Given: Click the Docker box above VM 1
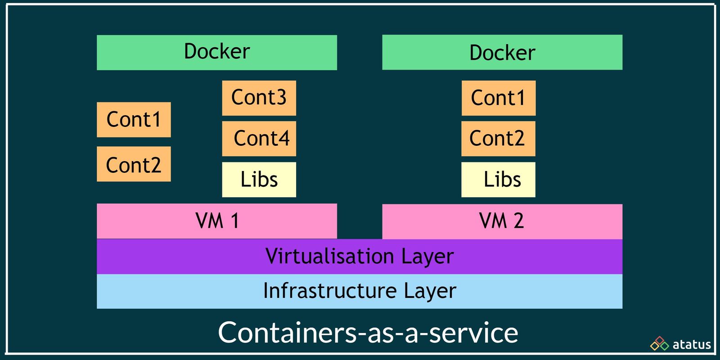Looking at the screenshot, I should pyautogui.click(x=216, y=52).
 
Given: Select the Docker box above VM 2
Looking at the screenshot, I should pyautogui.click(x=502, y=52).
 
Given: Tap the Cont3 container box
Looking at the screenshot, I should pyautogui.click(x=259, y=98).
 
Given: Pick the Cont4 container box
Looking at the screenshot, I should pyautogui.click(x=259, y=138).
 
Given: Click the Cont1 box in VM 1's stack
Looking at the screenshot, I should pyautogui.click(x=134, y=120).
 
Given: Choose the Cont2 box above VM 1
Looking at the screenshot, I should pyautogui.click(x=134, y=164).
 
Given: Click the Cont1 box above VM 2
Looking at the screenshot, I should pyautogui.click(x=498, y=98).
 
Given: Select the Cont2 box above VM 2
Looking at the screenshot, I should pyautogui.click(x=498, y=138).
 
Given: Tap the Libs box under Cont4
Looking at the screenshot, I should pyautogui.click(x=259, y=180).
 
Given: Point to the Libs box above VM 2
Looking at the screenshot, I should pyautogui.click(x=498, y=180).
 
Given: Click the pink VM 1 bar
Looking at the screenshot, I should pyautogui.click(x=216, y=221).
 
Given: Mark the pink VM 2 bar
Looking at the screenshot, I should pyautogui.click(x=502, y=221).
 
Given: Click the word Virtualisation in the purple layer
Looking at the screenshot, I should pyautogui.click(x=329, y=256).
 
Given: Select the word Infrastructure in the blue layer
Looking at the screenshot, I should pyautogui.click(x=329, y=291).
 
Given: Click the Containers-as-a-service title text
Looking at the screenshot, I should pyautogui.click(x=368, y=333).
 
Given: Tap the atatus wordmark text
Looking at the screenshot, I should pyautogui.click(x=692, y=345).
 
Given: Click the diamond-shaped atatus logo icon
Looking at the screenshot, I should pyautogui.click(x=660, y=344).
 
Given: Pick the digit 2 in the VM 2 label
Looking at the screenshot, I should pyautogui.click(x=518, y=221).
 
